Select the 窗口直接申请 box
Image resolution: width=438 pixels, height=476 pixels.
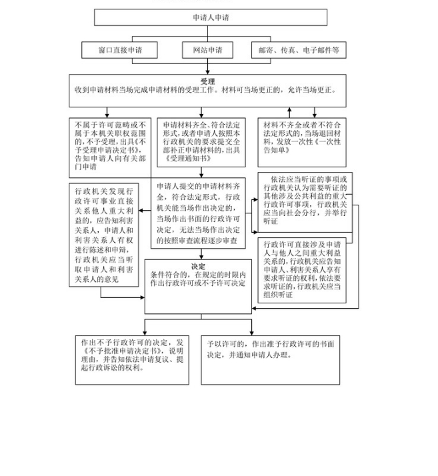119,50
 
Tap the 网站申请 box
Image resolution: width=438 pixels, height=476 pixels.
207,50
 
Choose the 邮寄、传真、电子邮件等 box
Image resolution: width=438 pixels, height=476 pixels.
298,50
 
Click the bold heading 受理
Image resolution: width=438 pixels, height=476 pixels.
207,81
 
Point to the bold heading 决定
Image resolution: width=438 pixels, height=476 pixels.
198,266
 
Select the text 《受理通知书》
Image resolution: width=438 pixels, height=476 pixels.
183,160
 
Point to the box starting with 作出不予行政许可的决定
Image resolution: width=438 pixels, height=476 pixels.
131,359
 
